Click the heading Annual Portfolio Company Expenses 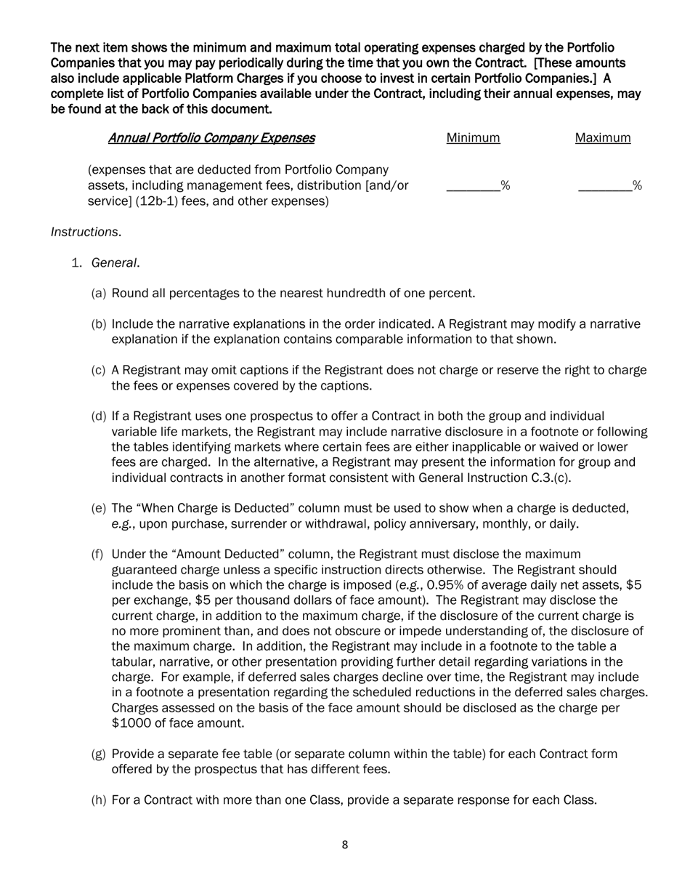[211, 138]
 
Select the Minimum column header [473, 138]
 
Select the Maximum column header [603, 138]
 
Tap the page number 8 [345, 845]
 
